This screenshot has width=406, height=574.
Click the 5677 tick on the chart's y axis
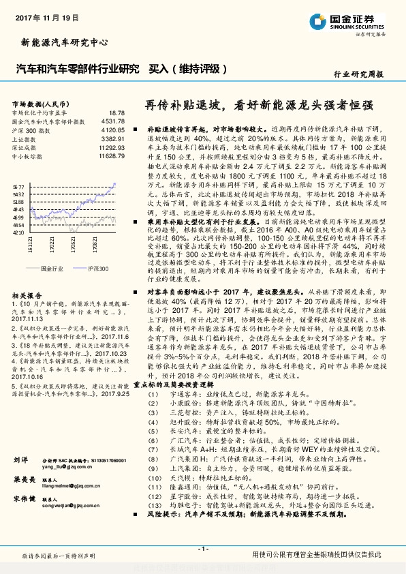(19, 185)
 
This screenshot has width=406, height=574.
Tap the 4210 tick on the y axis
(19, 232)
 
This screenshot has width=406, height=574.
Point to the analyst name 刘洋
(20, 461)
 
